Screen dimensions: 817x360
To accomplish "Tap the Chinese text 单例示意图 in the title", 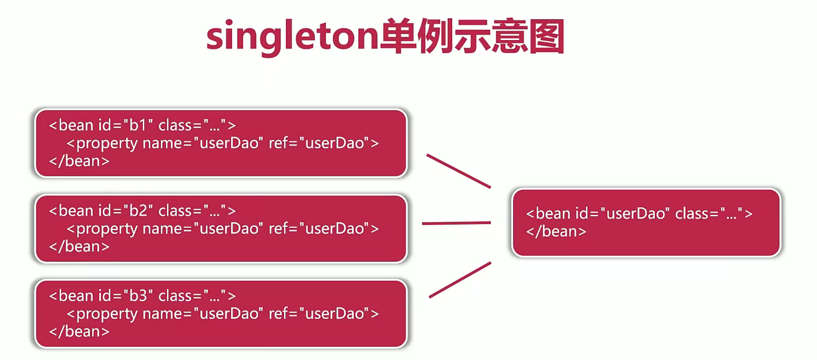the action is (472, 36).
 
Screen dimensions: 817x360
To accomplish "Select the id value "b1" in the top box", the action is (138, 125).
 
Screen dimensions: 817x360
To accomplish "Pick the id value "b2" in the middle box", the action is (138, 211).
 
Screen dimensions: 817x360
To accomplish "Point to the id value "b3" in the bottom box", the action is (138, 296).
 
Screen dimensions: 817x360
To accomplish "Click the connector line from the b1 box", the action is (459, 171).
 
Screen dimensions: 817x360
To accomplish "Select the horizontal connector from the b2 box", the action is (456, 223).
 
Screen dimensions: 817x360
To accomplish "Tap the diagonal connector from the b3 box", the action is (460, 280).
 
